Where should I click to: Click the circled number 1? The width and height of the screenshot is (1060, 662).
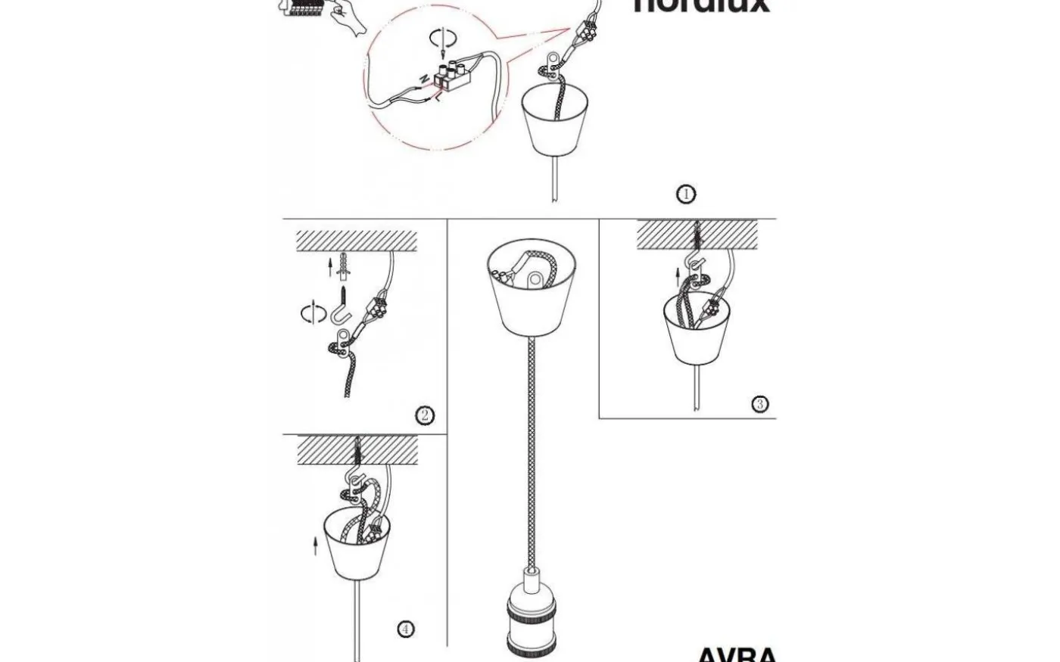[685, 194]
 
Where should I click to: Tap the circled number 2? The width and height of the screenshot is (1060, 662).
[425, 415]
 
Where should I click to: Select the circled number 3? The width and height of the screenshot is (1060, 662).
[760, 404]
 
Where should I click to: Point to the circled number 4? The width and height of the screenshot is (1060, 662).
[406, 629]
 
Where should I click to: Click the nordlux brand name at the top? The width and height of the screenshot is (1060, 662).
[701, 6]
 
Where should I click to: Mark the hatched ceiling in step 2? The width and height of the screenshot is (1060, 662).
[356, 241]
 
